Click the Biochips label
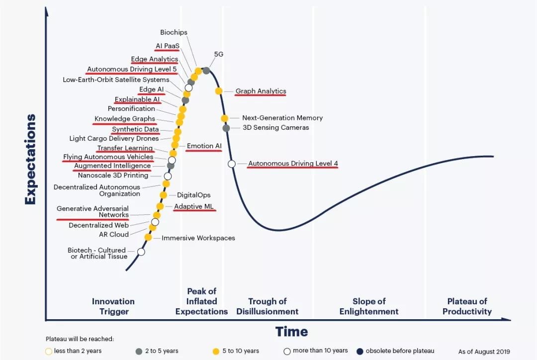pos(174,32)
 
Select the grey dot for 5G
pos(206,70)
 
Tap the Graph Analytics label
pos(261,91)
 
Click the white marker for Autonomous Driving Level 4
pos(232,164)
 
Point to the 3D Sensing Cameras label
pos(275,128)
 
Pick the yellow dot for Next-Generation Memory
pos(225,118)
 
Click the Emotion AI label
pos(204,146)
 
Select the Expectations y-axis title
pos(31,159)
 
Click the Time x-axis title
pos(291,332)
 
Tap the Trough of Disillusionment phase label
pos(267,306)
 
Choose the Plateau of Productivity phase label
pos(467,306)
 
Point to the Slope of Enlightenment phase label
pos(369,306)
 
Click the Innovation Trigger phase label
pos(113,306)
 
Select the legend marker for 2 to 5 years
pos(139,351)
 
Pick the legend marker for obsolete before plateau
pos(360,351)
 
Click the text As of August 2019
pos(484,352)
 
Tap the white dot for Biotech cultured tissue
pos(141,252)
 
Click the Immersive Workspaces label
pos(198,238)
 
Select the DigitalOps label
pos(193,195)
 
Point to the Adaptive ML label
pos(194,206)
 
